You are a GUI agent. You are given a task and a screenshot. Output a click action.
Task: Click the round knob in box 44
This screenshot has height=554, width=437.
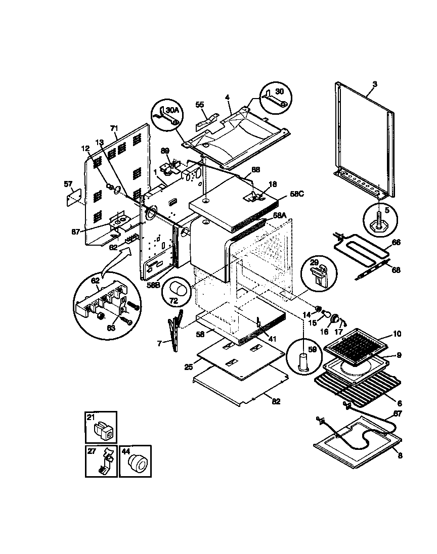click(x=138, y=462)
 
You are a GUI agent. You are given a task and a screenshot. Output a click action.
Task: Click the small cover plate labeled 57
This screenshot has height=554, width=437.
click(x=74, y=197)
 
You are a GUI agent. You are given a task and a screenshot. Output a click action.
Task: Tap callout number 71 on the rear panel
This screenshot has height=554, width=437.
click(x=114, y=128)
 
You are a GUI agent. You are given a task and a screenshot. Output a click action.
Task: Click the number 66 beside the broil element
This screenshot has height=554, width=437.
click(x=397, y=243)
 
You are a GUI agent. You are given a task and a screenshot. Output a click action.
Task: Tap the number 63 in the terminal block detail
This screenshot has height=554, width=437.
click(x=110, y=328)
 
